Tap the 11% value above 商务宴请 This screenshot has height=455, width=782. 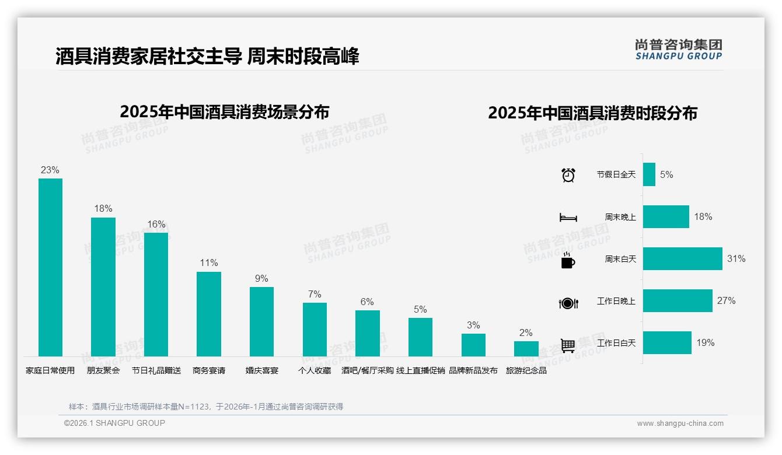click(209, 263)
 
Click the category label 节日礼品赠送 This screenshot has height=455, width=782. click(156, 370)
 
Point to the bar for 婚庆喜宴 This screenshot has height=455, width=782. click(261, 321)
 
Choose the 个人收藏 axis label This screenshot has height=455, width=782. click(315, 370)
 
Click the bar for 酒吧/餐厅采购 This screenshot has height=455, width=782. click(368, 333)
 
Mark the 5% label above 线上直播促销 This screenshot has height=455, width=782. click(420, 310)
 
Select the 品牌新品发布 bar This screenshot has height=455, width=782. click(473, 345)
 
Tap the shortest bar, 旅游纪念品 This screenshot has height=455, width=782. click(526, 349)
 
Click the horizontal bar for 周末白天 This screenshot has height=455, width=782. click(682, 258)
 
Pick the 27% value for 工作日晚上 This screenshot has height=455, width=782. click(726, 301)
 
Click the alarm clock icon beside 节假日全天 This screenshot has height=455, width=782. click(568, 175)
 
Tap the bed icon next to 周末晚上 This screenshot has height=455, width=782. click(568, 218)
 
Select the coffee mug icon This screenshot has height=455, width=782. click(568, 261)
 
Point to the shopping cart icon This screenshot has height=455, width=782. click(568, 345)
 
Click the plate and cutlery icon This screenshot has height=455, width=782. click(568, 303)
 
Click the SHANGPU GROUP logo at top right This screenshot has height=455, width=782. click(679, 50)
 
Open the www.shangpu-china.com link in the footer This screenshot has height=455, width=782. click(680, 423)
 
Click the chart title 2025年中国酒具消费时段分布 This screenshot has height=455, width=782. click(592, 113)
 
